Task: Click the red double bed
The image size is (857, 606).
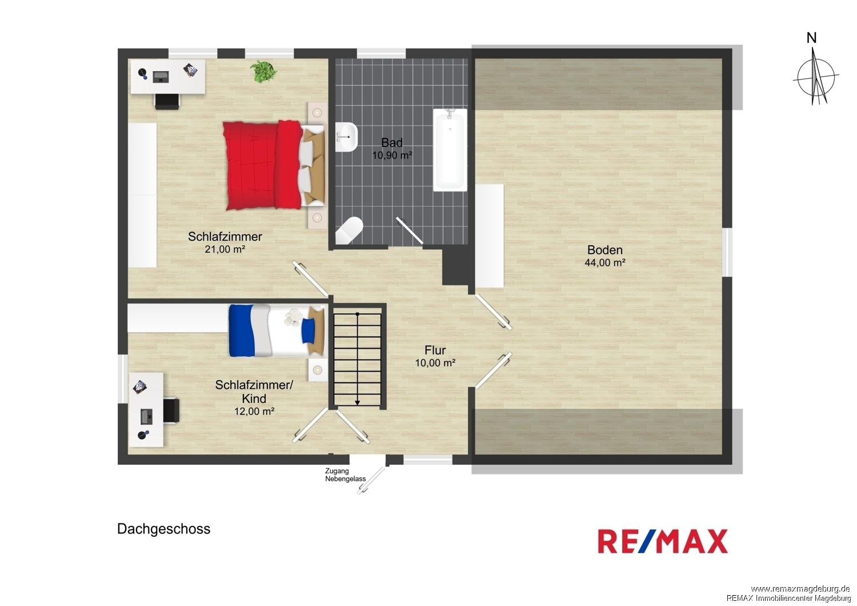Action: pos(274,165)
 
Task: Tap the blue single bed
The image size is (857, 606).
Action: pos(277,330)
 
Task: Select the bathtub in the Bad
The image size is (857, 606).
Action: pos(450,150)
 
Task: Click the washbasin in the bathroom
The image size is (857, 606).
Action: pos(346,137)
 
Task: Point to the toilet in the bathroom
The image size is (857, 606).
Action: pos(349,230)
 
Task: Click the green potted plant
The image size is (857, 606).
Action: pos(263,71)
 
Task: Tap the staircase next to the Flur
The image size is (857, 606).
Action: pos(357,359)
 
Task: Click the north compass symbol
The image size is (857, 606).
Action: pos(816,75)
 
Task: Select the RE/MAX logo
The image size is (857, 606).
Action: pos(663,541)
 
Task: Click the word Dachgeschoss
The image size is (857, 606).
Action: pos(164,529)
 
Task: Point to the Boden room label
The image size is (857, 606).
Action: pos(605,250)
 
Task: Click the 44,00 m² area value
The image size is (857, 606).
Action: pos(605,262)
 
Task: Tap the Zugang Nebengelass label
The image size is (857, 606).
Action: pos(345,475)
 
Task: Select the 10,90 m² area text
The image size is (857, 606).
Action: pos(392,156)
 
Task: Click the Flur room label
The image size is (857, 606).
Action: pos(435,350)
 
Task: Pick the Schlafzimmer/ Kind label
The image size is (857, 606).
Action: pos(254,392)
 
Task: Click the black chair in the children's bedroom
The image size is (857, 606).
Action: pos(171,410)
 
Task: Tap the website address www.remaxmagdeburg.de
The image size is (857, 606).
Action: pos(800,589)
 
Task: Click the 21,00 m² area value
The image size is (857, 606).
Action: pos(225,249)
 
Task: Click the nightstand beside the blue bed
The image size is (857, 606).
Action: pos(318,370)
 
